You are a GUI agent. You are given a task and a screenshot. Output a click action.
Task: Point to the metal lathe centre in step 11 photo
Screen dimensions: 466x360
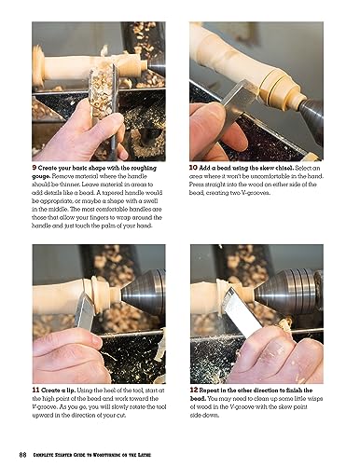pyautogui.click(x=149, y=289)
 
